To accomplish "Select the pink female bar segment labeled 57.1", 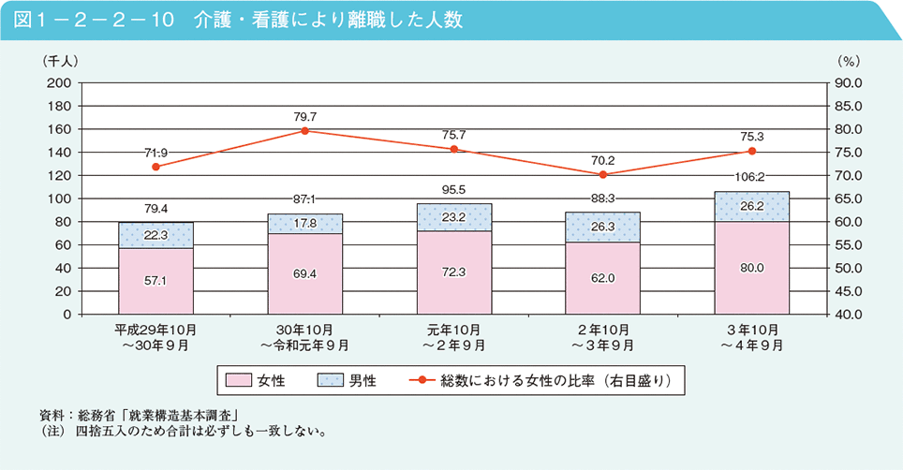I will [155, 281].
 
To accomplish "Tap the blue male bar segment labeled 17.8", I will [304, 223].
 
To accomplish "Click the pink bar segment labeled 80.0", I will [752, 268].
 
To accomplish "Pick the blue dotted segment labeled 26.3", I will [603, 227].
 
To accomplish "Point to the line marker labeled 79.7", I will [304, 130].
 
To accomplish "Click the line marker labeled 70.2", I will [603, 174].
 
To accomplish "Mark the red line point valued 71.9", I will [155, 167].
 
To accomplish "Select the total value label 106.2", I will [752, 176].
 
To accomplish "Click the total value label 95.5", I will [453, 189].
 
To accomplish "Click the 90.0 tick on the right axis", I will [846, 82].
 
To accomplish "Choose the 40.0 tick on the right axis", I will [846, 315].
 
